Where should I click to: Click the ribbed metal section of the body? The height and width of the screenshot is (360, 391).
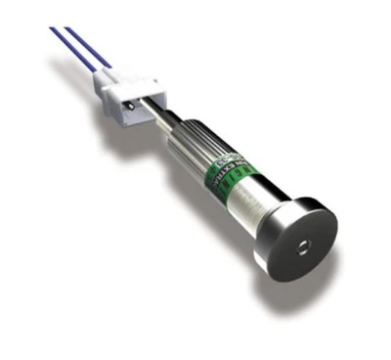[x=192, y=147]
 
